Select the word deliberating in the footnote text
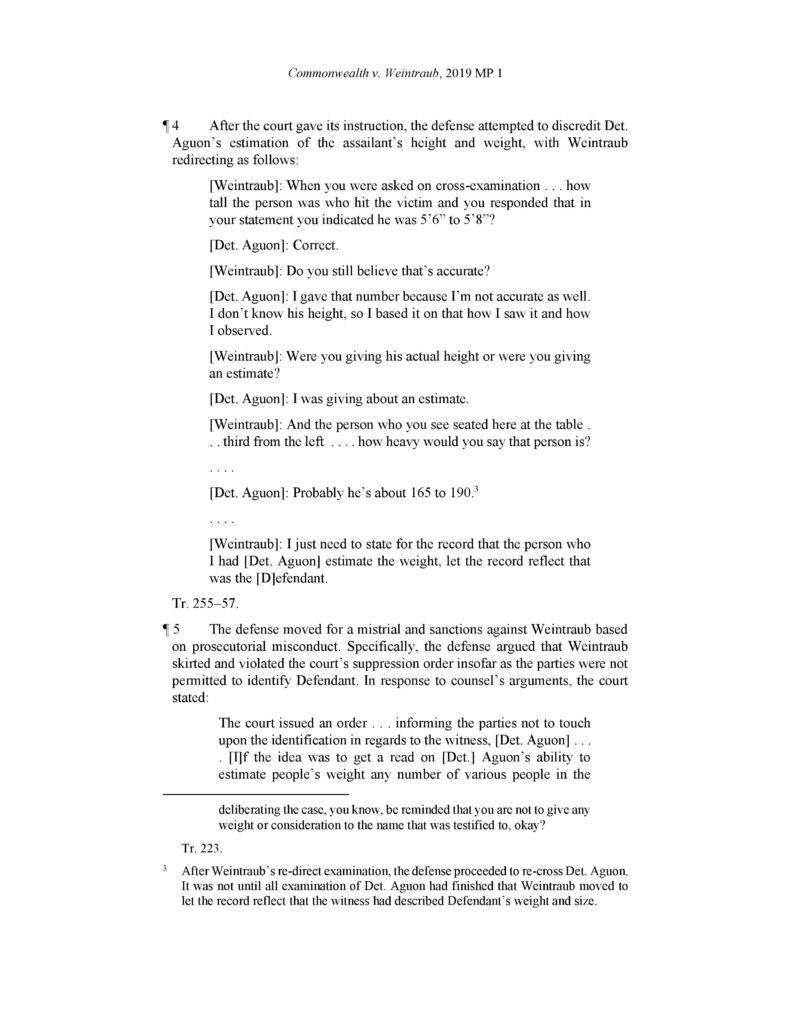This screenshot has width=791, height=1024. tap(257, 808)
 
